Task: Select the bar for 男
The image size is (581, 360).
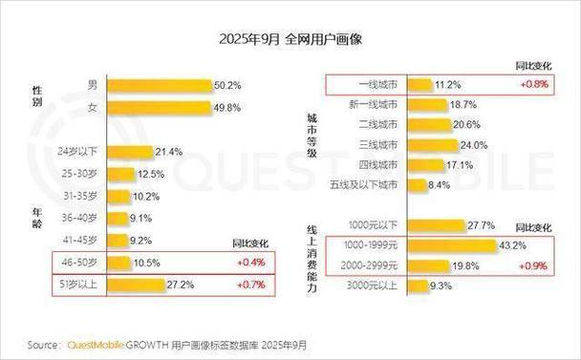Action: [159, 85]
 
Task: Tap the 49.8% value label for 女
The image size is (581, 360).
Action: [227, 107]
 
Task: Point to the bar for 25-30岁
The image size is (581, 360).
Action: [120, 174]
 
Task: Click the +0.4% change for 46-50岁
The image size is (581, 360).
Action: [245, 262]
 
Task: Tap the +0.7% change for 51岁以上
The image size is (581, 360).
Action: [245, 285]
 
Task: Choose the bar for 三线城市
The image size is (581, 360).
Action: [444, 145]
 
